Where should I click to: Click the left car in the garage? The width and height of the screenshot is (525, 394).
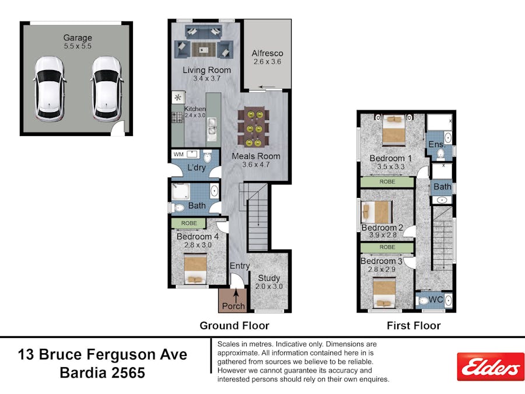click(x=49, y=89)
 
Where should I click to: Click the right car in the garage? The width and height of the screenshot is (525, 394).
click(x=107, y=89)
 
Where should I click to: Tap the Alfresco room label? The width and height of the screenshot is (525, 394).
click(x=267, y=53)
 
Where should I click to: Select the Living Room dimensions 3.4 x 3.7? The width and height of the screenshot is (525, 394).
click(x=206, y=79)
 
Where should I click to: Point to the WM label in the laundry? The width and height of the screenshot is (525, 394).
click(x=178, y=154)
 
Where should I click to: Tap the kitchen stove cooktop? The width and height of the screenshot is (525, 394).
click(x=177, y=117)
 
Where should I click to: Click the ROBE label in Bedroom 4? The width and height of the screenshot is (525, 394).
click(x=189, y=223)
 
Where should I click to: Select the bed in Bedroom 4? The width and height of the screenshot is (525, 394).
click(x=195, y=269)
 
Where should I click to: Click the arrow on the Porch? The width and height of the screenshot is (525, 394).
click(x=236, y=296)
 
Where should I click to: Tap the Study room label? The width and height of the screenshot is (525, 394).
click(x=269, y=278)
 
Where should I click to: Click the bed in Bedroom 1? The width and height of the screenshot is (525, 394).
click(x=394, y=130)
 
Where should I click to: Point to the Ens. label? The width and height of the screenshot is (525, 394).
click(x=437, y=144)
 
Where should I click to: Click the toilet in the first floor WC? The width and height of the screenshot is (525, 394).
click(x=422, y=301)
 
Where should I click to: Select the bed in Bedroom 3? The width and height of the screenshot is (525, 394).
click(x=384, y=294)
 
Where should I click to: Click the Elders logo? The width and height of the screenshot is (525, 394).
click(x=491, y=367)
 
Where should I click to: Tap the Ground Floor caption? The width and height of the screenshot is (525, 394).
click(x=235, y=325)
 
